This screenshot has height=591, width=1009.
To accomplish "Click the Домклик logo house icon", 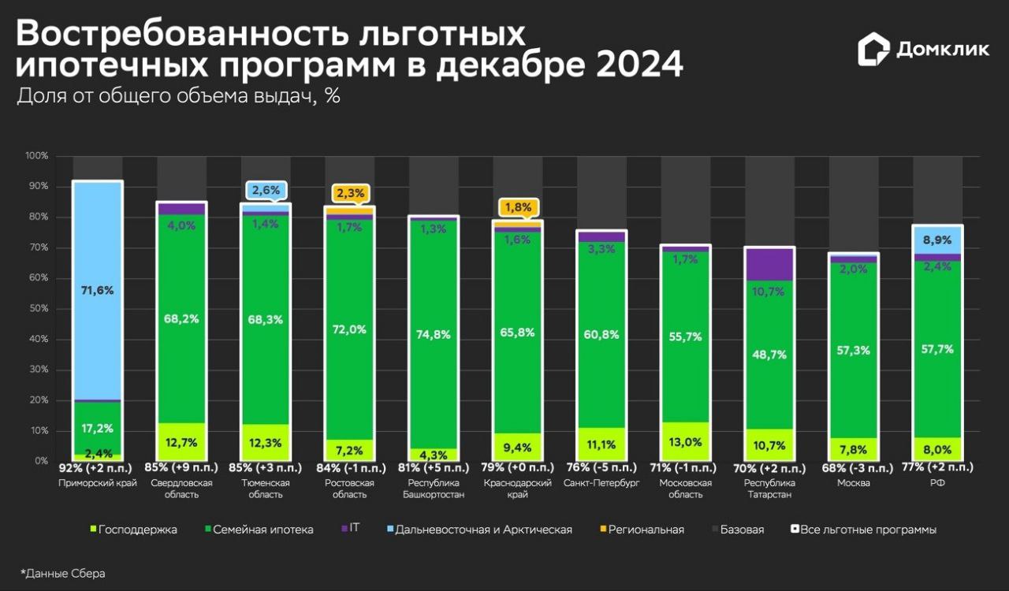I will [873, 50].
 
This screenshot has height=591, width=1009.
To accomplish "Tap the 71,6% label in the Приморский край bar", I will [98, 290].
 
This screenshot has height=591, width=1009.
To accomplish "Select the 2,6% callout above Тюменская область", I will [266, 190].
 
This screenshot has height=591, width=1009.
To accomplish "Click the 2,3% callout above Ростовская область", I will [349, 192].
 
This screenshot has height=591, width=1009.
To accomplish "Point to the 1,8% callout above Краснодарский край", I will [518, 208].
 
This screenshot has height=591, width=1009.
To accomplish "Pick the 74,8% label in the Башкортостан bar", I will [434, 334].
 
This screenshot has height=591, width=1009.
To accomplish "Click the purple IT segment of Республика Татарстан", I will [769, 264].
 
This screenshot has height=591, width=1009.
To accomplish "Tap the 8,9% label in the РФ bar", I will [937, 240].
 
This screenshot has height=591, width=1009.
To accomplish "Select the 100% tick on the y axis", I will [37, 156].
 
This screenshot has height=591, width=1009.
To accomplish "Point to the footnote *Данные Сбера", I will [62, 574].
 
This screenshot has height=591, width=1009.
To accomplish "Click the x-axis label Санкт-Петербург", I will [601, 483].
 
